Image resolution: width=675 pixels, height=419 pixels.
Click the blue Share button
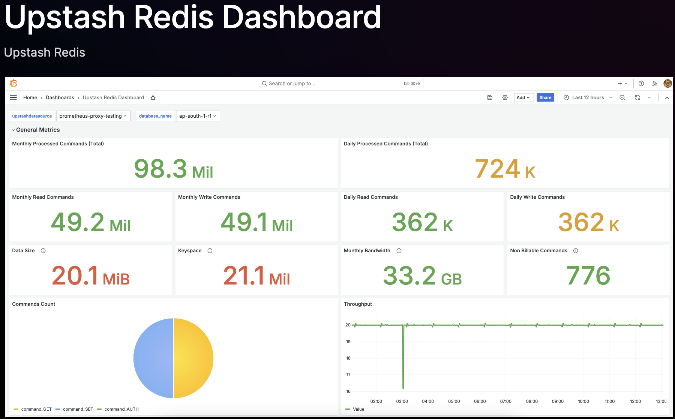545,97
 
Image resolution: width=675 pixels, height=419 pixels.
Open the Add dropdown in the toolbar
523,97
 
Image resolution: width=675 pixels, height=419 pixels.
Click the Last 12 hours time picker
588,97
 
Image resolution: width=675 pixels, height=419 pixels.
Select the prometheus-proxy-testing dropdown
93,116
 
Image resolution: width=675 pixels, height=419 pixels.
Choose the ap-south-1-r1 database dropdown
198,116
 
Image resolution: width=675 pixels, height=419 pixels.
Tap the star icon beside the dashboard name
153,98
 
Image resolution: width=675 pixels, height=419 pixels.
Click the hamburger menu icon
13,97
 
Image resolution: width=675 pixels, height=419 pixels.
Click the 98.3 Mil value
173,169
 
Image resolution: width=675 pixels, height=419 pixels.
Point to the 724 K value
505,169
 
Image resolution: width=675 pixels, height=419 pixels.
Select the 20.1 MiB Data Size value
90,276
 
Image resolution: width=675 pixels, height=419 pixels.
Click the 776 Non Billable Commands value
588,276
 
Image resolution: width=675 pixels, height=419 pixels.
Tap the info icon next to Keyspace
210,251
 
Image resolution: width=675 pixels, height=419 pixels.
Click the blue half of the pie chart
153,358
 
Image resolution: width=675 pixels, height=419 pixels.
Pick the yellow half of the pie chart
193,358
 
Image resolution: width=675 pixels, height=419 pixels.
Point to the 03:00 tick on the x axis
402,401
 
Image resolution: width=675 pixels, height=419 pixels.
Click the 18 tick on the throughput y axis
348,358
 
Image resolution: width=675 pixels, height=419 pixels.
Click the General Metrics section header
37,130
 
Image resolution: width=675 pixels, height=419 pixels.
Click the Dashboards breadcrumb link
60,97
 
